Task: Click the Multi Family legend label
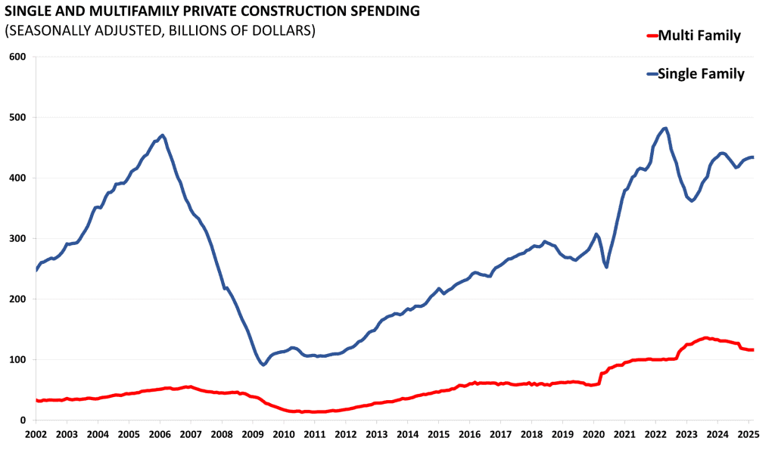pyautogui.click(x=699, y=36)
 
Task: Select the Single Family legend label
pyautogui.click(x=702, y=73)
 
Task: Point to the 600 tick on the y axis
pyautogui.click(x=18, y=57)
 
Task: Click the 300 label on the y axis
pyautogui.click(x=18, y=238)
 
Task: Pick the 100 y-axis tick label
pyautogui.click(x=18, y=359)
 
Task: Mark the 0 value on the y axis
pyautogui.click(x=23, y=420)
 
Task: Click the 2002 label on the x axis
pyautogui.click(x=36, y=435)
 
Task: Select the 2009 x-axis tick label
pyautogui.click(x=253, y=435)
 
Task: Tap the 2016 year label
pyautogui.click(x=469, y=435)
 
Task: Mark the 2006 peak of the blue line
pyautogui.click(x=162, y=135)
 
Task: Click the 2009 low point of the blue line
pyautogui.click(x=263, y=365)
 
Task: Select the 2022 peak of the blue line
pyautogui.click(x=665, y=129)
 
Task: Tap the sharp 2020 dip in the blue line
pyautogui.click(x=606, y=267)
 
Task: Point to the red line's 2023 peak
pyautogui.click(x=705, y=337)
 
